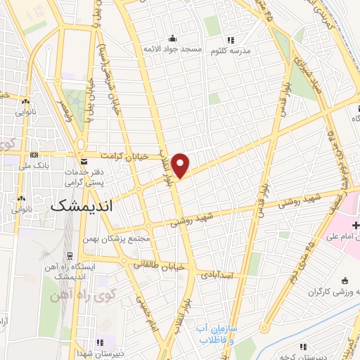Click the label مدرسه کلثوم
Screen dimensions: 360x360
pos(250,50)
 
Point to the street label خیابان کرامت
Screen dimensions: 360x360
pos(124,156)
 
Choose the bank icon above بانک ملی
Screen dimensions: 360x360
pos(34,155)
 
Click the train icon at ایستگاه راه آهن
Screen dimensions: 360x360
pos(70,256)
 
